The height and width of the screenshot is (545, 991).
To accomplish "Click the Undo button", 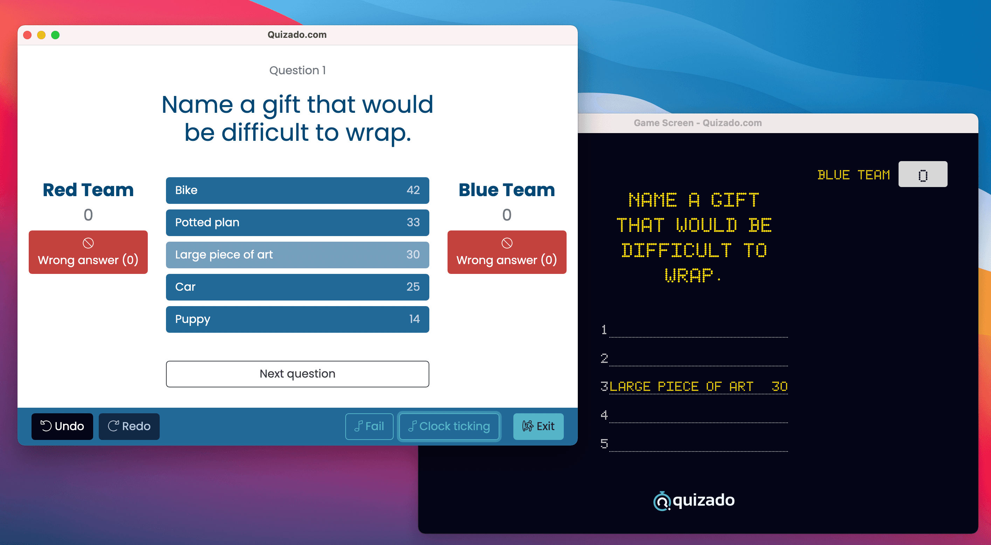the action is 62,426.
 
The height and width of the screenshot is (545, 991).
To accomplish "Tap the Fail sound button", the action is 369,426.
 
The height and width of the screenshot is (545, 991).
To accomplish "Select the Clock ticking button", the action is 449,426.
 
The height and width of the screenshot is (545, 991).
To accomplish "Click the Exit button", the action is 538,426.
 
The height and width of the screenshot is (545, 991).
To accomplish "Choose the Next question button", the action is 297,374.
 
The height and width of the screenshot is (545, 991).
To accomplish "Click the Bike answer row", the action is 297,190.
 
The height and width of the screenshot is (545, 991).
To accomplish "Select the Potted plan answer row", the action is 297,222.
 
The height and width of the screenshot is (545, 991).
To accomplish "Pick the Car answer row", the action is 297,287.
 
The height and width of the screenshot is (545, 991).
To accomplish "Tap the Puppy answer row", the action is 297,319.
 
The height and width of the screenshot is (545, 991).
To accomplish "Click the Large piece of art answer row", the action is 297,255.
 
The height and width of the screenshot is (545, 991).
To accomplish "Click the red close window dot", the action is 27,35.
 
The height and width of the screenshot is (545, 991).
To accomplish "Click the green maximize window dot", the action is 55,35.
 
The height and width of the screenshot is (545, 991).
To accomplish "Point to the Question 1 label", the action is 297,70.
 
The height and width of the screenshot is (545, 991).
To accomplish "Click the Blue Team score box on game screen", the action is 922,174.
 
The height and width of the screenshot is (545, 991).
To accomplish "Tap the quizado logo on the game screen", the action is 694,501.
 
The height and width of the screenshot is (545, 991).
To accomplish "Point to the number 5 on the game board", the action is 604,444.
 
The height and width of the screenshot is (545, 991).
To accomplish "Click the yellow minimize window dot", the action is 41,35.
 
